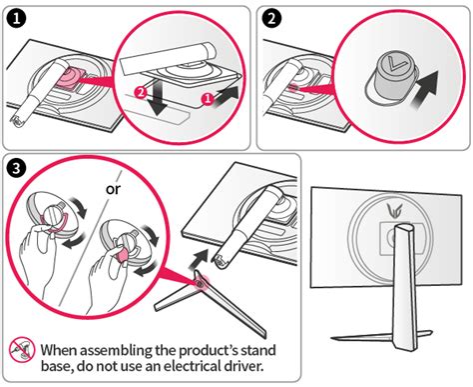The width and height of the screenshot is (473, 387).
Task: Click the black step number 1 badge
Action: pyautogui.click(x=18, y=17)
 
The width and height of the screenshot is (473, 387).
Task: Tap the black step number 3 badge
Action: pyautogui.click(x=18, y=166)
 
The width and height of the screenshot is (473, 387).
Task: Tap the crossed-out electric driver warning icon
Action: pyautogui.click(x=21, y=350)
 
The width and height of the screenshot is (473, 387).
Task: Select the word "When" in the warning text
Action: pyautogui.click(x=60, y=350)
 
